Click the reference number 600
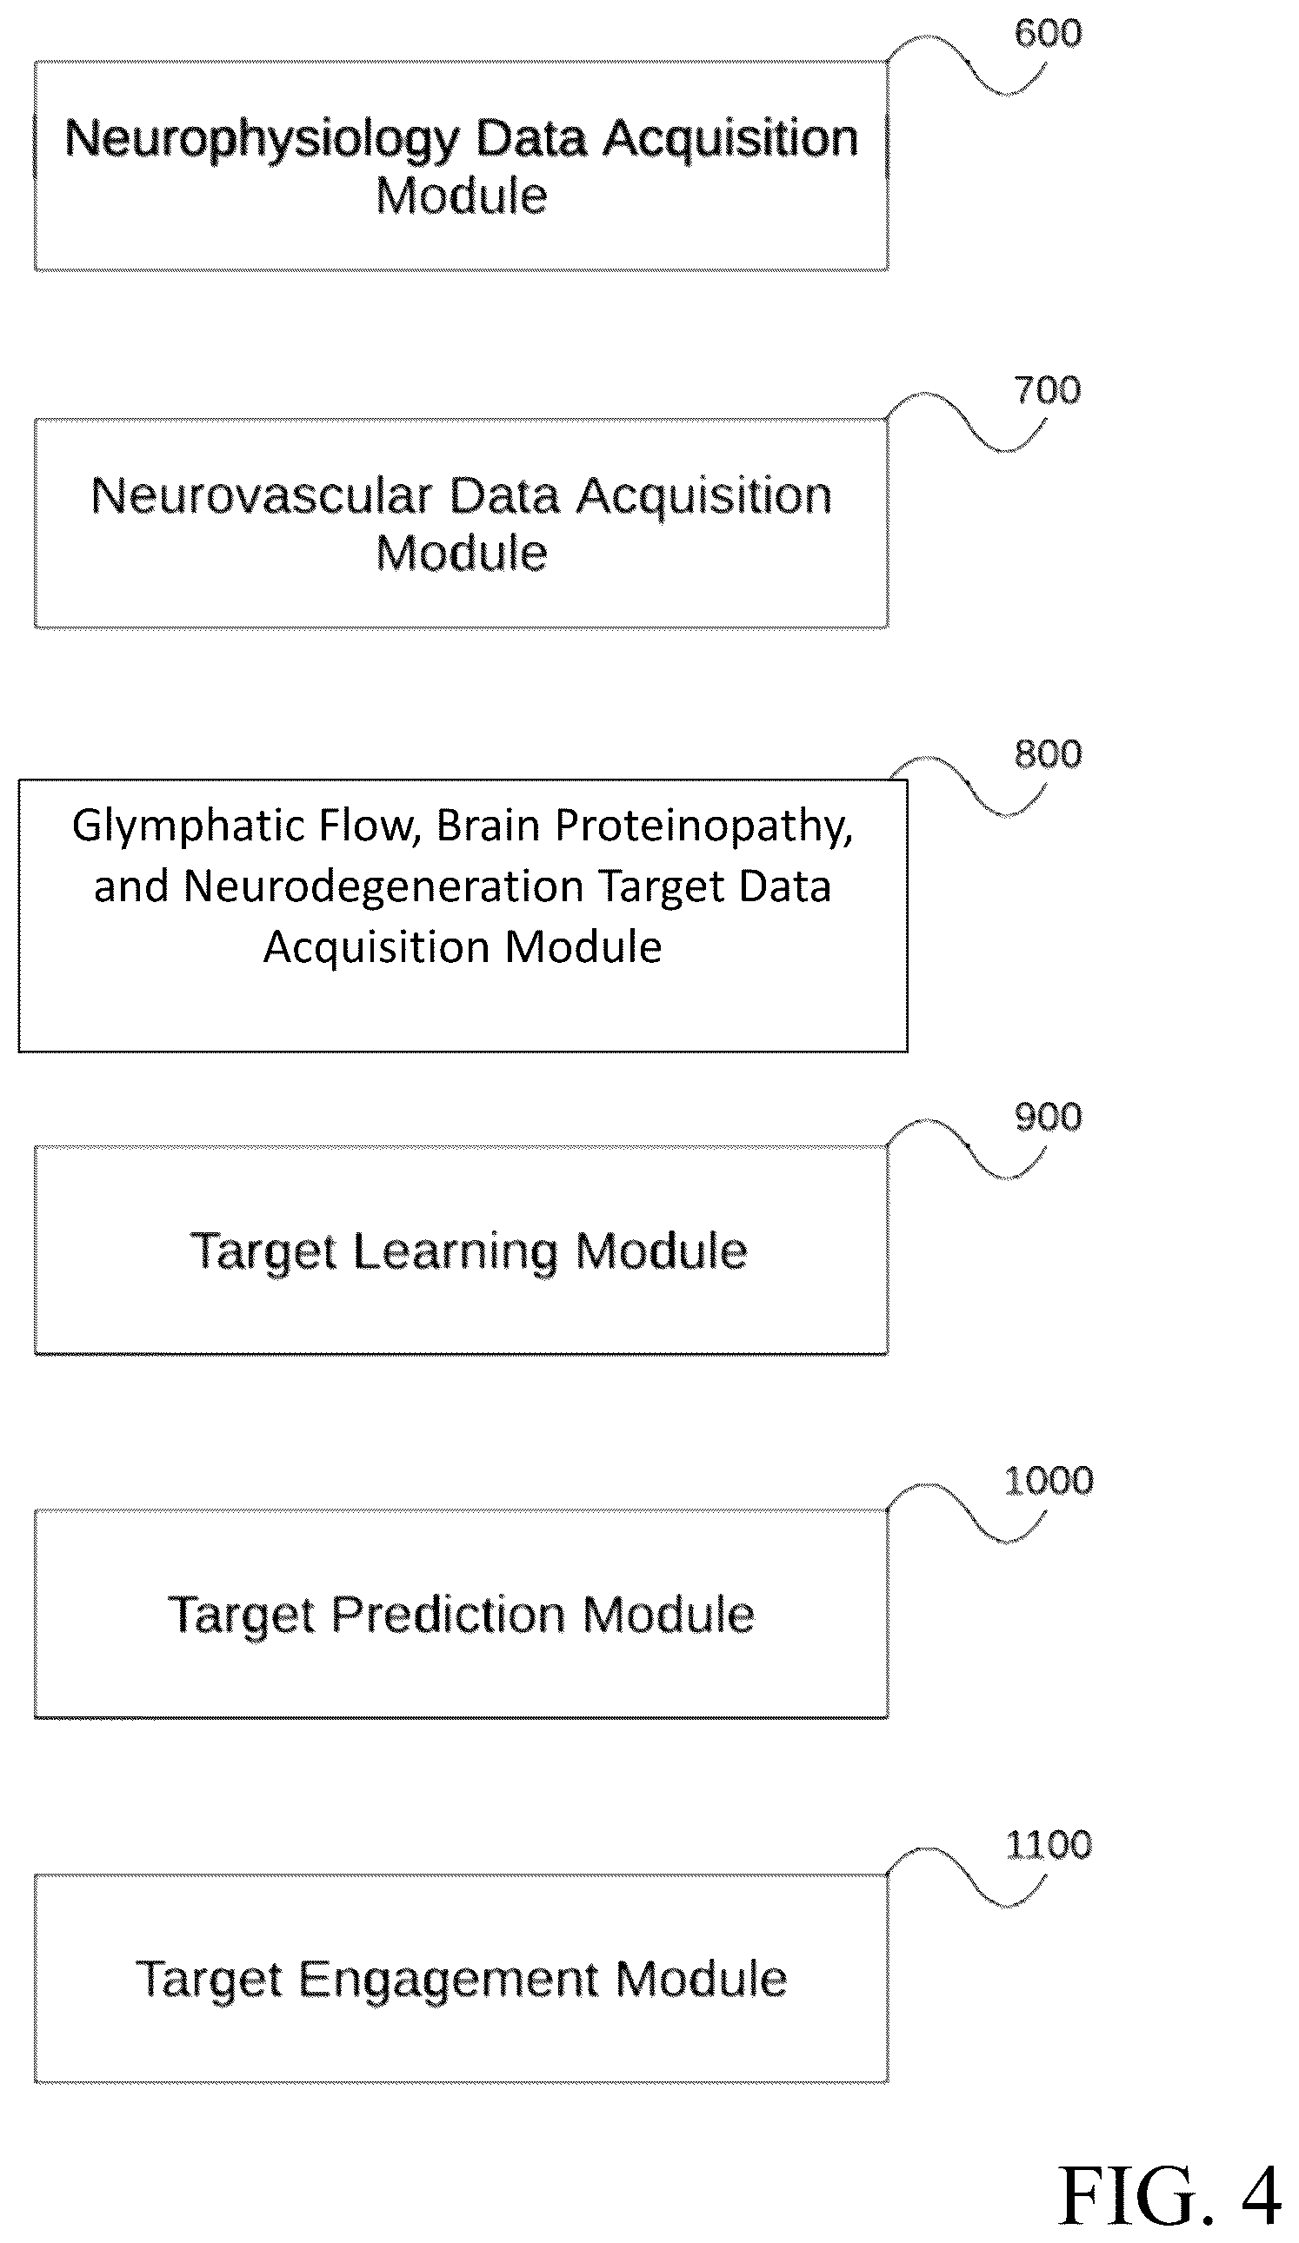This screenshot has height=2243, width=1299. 1048,33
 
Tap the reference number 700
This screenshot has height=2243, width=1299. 1047,390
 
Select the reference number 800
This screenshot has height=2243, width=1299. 1048,754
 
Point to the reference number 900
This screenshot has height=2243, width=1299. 1048,1116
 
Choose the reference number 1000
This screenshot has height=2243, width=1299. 1048,1480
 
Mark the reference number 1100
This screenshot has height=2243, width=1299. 1048,1844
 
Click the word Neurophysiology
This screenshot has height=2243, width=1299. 262,141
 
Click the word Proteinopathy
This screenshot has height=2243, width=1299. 704,826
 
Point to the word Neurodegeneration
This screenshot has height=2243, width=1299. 383,886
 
